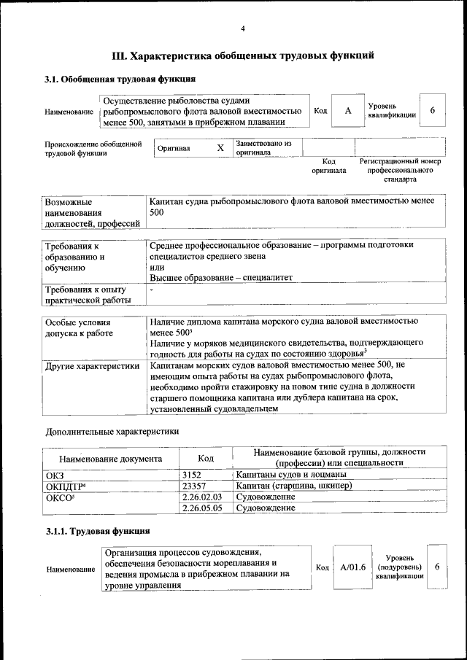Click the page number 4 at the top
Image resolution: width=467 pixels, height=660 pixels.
(243, 28)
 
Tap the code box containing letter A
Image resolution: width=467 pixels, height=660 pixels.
(348, 110)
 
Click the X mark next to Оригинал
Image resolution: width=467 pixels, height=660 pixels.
(220, 148)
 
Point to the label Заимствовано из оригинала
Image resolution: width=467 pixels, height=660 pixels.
(263, 148)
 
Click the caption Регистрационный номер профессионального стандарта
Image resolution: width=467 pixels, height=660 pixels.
(400, 169)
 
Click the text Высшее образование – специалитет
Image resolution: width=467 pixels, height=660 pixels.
(221, 278)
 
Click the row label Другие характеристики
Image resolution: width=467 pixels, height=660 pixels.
(92, 366)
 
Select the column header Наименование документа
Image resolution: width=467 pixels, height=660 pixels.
(111, 459)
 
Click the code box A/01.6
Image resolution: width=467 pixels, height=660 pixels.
(352, 567)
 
